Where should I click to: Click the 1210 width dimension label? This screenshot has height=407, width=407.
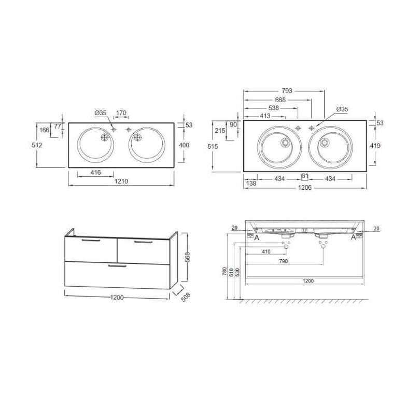coord(121,181)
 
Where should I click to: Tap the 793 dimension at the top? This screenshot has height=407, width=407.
coord(287,91)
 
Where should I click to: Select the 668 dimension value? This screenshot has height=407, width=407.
coord(280,100)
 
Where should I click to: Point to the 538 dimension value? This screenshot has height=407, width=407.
coord(274,108)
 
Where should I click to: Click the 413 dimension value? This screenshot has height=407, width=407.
coord(265,116)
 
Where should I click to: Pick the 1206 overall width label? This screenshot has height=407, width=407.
coord(305,187)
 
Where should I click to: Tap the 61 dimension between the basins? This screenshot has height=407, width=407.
coord(305,176)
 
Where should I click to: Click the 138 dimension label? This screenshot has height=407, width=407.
coord(251,183)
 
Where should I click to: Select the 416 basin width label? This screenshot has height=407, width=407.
coord(95,172)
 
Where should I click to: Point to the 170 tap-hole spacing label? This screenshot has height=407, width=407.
coord(121,113)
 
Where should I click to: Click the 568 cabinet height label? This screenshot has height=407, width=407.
coord(188,257)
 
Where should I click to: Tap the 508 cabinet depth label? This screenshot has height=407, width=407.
coord(186,297)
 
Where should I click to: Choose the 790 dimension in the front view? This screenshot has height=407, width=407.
coord(284,261)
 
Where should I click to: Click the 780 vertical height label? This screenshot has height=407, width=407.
coord(225,272)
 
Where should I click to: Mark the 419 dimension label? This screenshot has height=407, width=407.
coord(375,145)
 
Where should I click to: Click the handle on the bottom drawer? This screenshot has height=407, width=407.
coord(117,266)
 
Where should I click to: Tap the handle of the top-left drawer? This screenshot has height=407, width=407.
coord(91,241)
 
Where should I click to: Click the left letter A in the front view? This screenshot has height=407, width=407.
coord(257,237)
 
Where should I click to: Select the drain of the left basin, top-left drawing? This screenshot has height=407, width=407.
coord(105,137)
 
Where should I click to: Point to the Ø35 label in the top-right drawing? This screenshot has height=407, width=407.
coord(342,109)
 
